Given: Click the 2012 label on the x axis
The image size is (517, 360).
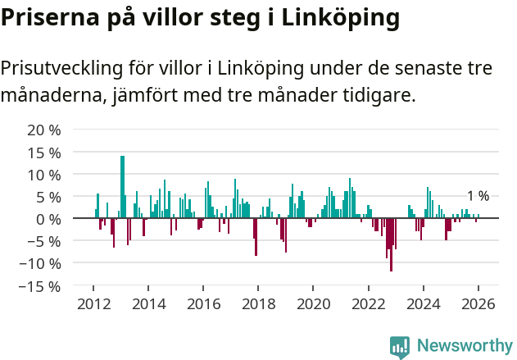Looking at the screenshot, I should pyautogui.click(x=93, y=304).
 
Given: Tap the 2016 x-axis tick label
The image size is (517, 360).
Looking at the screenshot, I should pyautogui.click(x=203, y=304).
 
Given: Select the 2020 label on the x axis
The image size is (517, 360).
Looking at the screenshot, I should pyautogui.click(x=313, y=304).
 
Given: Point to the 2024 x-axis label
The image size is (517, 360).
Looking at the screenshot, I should pyautogui.click(x=423, y=304).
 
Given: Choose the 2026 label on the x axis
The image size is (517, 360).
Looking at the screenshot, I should pyautogui.click(x=478, y=304).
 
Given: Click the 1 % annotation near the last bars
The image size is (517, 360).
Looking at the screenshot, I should pyautogui.click(x=478, y=196).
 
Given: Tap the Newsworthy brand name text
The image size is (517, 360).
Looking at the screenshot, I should pyautogui.click(x=464, y=345).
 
